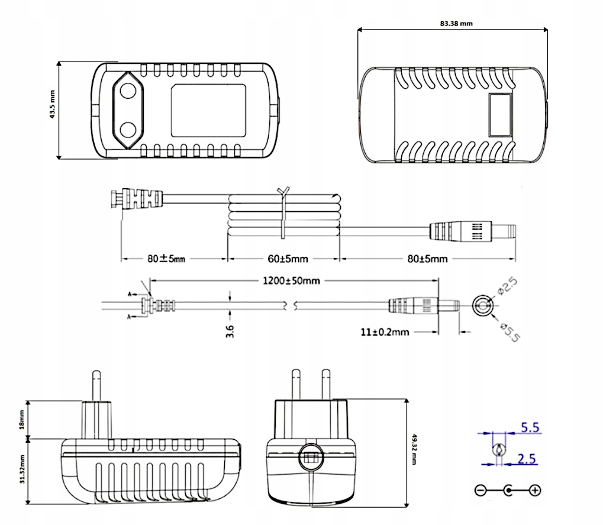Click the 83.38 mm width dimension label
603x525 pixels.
click(456, 24)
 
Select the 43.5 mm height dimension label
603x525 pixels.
click(52, 105)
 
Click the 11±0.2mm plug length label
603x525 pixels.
click(384, 332)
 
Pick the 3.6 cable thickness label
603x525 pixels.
click(230, 331)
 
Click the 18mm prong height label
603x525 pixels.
click(22, 419)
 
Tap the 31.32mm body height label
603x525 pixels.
click(22, 470)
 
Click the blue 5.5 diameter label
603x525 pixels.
click(530, 427)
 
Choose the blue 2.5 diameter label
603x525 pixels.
click(530, 458)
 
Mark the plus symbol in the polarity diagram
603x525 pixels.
click(535, 490)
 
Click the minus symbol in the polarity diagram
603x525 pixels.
click(481, 490)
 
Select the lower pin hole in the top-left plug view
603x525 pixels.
click(128, 129)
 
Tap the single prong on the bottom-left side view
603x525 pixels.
click(95, 386)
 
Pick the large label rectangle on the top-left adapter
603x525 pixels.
click(208, 109)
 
